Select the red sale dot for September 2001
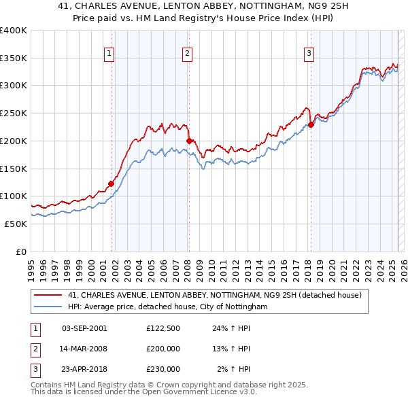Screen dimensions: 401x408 pos(111,183)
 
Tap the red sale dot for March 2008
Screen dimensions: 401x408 pos(188,141)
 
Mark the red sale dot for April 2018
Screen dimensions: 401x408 pos(311,124)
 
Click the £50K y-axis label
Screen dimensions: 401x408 pos(16,224)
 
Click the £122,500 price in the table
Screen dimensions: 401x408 pos(163,328)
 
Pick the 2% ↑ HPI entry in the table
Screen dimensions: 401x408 pos(233,369)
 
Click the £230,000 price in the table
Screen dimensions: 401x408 pos(163,369)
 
